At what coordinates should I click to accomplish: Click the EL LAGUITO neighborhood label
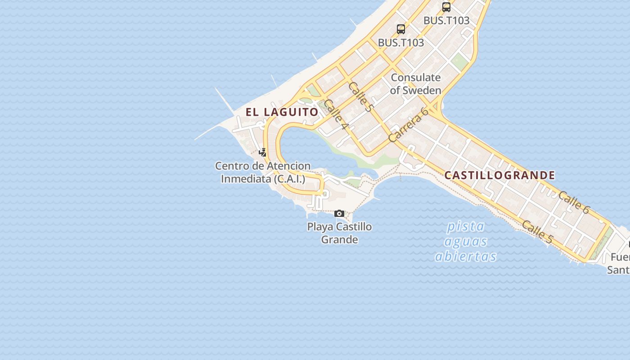[x=282, y=112]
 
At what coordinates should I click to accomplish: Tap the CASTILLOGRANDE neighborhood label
[x=499, y=175]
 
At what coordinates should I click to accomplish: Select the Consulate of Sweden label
[x=415, y=84]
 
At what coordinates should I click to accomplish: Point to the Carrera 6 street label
[x=408, y=125]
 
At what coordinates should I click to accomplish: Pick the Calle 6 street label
[x=574, y=202]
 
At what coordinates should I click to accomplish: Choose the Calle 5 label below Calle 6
[x=538, y=232]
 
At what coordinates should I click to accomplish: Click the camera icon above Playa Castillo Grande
[x=339, y=213]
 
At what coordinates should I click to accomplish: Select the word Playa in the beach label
[x=320, y=226]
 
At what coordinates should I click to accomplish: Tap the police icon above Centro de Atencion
[x=263, y=153]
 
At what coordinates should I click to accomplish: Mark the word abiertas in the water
[x=466, y=256]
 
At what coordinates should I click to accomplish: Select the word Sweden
[x=422, y=90]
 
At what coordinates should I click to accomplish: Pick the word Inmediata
[x=246, y=179]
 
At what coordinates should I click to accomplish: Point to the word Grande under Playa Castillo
[x=339, y=239]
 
